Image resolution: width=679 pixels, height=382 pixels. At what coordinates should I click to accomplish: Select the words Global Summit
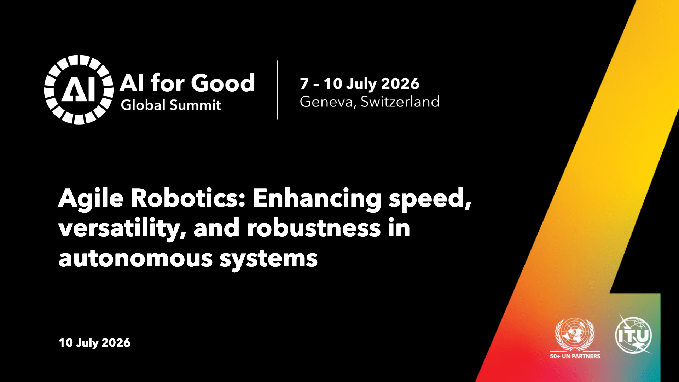pos(171,105)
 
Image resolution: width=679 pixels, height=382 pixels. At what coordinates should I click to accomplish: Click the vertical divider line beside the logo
pos(278,90)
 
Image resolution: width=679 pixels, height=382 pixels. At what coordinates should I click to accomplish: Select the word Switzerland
pos(400,102)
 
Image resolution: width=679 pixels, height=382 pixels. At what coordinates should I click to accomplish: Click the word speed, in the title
pos(430,199)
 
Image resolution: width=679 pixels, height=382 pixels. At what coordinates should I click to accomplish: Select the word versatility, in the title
pos(122,228)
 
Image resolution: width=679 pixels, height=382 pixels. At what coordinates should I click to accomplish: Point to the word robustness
pos(314,228)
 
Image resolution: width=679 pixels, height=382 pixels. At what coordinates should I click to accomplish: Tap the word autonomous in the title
pos(136,258)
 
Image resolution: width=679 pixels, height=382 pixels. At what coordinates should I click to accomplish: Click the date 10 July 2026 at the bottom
pos(94,343)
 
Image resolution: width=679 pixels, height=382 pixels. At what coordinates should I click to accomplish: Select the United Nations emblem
pos(575,335)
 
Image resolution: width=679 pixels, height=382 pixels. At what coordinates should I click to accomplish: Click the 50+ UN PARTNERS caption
pos(575,356)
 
